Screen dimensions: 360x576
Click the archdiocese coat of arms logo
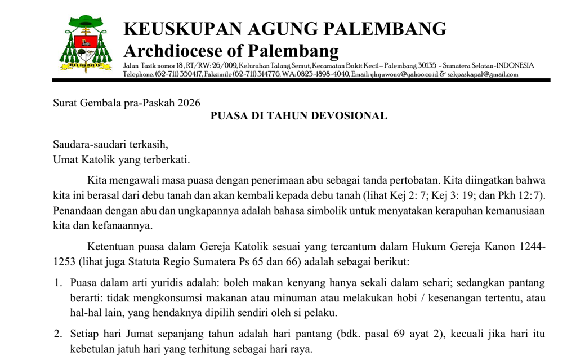[86, 44]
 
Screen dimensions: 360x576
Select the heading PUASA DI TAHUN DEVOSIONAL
[298, 116]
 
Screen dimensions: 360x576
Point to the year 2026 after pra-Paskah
[189, 103]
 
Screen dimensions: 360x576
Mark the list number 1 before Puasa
[57, 283]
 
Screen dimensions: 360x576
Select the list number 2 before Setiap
[57, 334]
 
